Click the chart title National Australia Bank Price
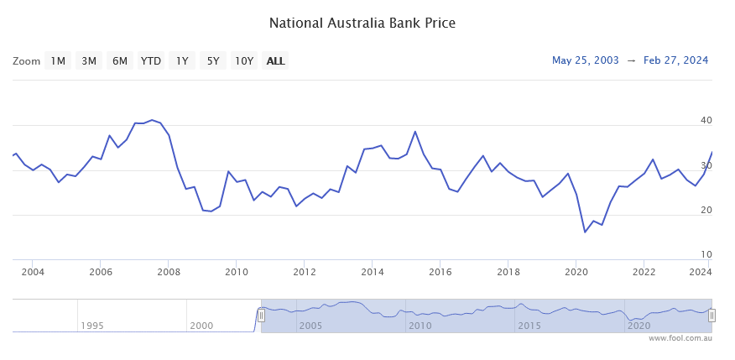(362, 23)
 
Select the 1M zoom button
(58, 60)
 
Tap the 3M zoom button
(89, 60)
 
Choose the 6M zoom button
(120, 60)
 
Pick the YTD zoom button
(151, 60)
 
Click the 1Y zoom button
(181, 60)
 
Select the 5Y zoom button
(213, 60)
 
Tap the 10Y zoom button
(244, 60)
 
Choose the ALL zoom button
(275, 60)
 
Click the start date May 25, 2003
(586, 60)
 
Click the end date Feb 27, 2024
(675, 60)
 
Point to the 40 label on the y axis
(706, 121)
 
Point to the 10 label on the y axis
(706, 254)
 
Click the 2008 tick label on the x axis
(169, 272)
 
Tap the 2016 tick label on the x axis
(440, 272)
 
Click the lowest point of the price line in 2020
(585, 232)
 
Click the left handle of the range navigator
(261, 315)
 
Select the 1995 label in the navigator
(92, 326)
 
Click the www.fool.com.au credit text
(680, 338)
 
